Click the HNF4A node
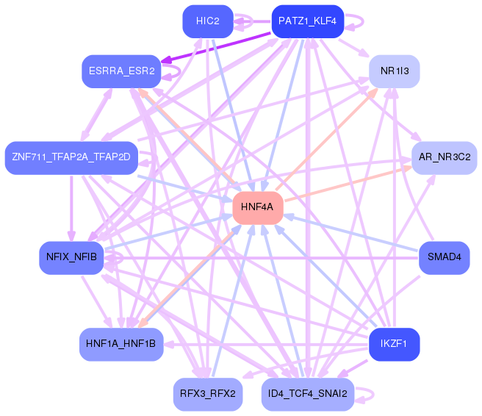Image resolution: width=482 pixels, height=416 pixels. click(x=258, y=207)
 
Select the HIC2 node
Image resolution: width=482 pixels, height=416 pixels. click(x=208, y=21)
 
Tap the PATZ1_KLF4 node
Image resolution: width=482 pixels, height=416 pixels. click(x=307, y=21)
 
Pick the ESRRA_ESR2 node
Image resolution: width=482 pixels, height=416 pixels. click(x=121, y=71)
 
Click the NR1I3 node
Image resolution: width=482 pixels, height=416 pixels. click(x=395, y=71)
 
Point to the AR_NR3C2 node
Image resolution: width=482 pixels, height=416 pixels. click(x=445, y=158)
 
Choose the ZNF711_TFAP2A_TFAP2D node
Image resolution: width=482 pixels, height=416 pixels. click(x=71, y=158)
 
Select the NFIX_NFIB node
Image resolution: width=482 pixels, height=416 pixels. click(x=71, y=258)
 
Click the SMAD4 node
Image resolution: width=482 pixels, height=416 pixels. click(x=445, y=258)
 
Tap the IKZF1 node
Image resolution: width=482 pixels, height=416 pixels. click(x=395, y=345)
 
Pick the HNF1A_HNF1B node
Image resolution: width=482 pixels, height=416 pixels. click(x=121, y=345)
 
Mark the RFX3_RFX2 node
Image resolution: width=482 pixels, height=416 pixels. click(x=208, y=394)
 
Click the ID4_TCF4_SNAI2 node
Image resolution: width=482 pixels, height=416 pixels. click(x=307, y=394)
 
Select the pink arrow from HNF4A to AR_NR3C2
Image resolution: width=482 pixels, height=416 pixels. click(x=348, y=184)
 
